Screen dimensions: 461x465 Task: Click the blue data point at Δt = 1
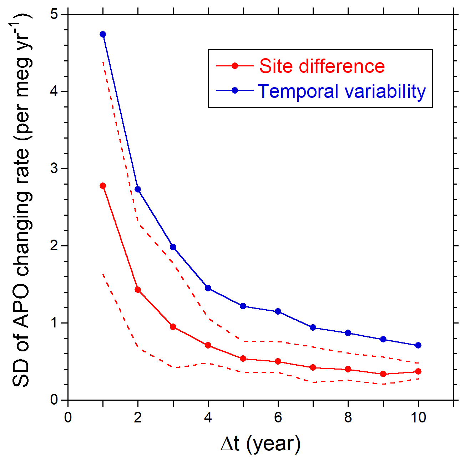coord(103,34)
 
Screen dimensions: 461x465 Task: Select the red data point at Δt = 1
coord(103,186)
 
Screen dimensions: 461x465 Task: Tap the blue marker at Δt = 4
coord(208,288)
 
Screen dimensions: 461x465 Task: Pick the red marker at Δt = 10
coord(418,371)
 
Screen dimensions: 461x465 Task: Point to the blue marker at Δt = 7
coord(313,327)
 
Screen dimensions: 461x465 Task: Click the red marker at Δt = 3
coord(173,327)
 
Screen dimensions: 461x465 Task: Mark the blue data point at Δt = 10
coord(418,345)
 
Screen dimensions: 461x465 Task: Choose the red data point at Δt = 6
coord(278,361)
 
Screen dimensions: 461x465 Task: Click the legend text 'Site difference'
coord(322,66)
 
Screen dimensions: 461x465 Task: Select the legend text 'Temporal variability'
coord(342,91)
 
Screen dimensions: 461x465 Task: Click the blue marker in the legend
coord(235,91)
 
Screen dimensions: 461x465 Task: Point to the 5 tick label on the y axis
coord(54,14)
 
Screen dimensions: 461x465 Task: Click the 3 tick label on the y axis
coord(54,169)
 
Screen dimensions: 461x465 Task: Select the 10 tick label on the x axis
coord(418,417)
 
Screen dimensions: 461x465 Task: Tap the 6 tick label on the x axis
coord(278,417)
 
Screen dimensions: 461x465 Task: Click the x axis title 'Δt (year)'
coord(261,444)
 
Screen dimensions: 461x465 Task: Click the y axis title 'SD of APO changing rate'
coord(22,200)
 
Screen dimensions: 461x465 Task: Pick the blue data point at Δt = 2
coord(138,189)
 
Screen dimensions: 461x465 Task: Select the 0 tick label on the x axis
coord(68,417)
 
